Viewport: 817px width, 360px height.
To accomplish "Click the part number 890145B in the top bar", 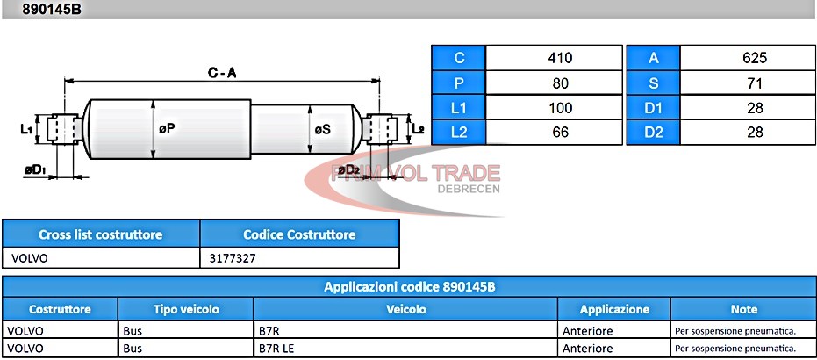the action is tap(52, 9).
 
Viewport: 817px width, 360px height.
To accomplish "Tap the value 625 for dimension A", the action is tap(755, 58).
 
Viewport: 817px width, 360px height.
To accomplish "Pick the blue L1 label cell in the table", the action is tap(459, 108).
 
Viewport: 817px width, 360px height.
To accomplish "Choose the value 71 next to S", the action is tap(755, 83).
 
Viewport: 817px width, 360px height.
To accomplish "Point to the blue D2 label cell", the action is tap(654, 133).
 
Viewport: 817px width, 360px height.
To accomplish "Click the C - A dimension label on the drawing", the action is tap(223, 74).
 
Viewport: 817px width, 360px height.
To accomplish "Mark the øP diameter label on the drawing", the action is tap(167, 129).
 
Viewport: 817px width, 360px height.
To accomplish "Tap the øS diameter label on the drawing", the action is tap(323, 129).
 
